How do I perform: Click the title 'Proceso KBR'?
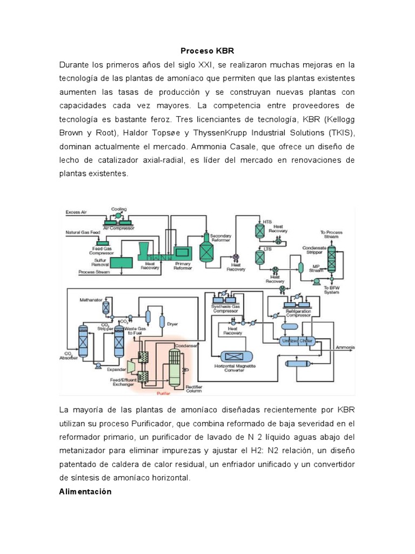pyautogui.click(x=207, y=50)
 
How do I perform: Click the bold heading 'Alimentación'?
pyautogui.click(x=85, y=492)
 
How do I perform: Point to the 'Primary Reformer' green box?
pyautogui.click(x=182, y=252)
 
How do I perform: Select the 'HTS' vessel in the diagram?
pyautogui.click(x=259, y=231)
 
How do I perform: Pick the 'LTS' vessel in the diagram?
pyautogui.click(x=259, y=256)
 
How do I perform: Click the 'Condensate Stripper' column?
pyautogui.click(x=332, y=259)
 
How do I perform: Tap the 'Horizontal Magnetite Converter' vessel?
pyautogui.click(x=236, y=356)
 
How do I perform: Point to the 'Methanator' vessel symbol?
pyautogui.click(x=107, y=308)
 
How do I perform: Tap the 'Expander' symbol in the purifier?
pyautogui.click(x=130, y=366)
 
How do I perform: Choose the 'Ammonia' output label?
pyautogui.click(x=346, y=346)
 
